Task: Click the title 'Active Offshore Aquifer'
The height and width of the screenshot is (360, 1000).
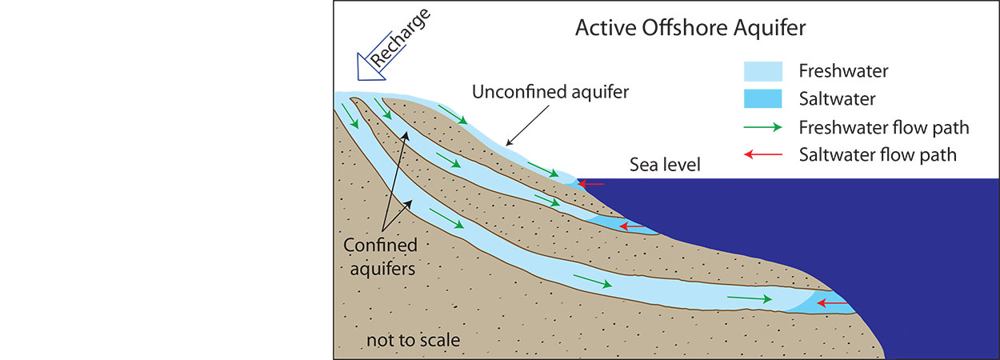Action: pos(690,29)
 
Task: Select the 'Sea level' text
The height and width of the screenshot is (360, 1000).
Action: pos(665,166)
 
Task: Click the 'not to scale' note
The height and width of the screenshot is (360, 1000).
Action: pos(413,340)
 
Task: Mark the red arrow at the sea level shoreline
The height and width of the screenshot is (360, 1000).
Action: pos(592,184)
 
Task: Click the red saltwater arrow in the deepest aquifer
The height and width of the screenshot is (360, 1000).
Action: pos(833,303)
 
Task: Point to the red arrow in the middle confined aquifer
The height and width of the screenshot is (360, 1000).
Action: pos(631,227)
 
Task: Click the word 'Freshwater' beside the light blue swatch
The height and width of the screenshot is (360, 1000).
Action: pos(843,71)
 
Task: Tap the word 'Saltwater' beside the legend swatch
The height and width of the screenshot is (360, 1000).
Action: pos(837,99)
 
